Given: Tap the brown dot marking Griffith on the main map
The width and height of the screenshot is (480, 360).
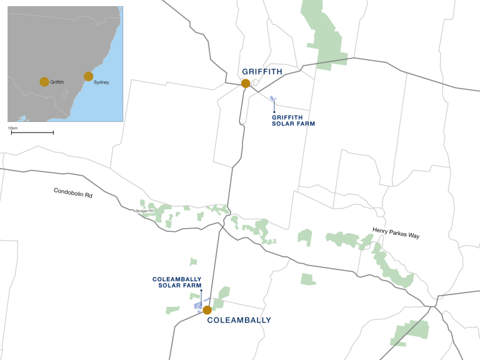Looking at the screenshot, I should point(246,83).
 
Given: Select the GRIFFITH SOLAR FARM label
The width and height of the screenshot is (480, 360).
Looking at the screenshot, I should point(293,120).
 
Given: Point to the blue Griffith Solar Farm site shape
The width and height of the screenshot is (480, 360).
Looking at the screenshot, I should point(272,99).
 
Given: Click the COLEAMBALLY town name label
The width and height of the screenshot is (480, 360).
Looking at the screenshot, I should point(239,320).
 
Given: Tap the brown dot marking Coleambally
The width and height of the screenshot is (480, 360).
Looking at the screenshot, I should point(207,310).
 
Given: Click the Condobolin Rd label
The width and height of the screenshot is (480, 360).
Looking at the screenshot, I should point(72,193).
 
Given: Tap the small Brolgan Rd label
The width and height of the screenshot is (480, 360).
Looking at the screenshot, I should point(144,211).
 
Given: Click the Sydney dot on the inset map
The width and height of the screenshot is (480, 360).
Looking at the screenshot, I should point(89,76).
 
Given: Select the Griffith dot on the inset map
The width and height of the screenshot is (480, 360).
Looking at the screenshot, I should point(44,81).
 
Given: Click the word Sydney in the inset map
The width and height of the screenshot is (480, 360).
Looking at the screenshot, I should point(101,82).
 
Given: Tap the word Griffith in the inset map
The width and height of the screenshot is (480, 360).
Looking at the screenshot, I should point(57,82).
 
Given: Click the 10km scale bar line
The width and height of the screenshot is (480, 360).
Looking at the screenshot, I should point(32,132).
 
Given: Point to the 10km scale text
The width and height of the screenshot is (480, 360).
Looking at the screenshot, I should point(12,127).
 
